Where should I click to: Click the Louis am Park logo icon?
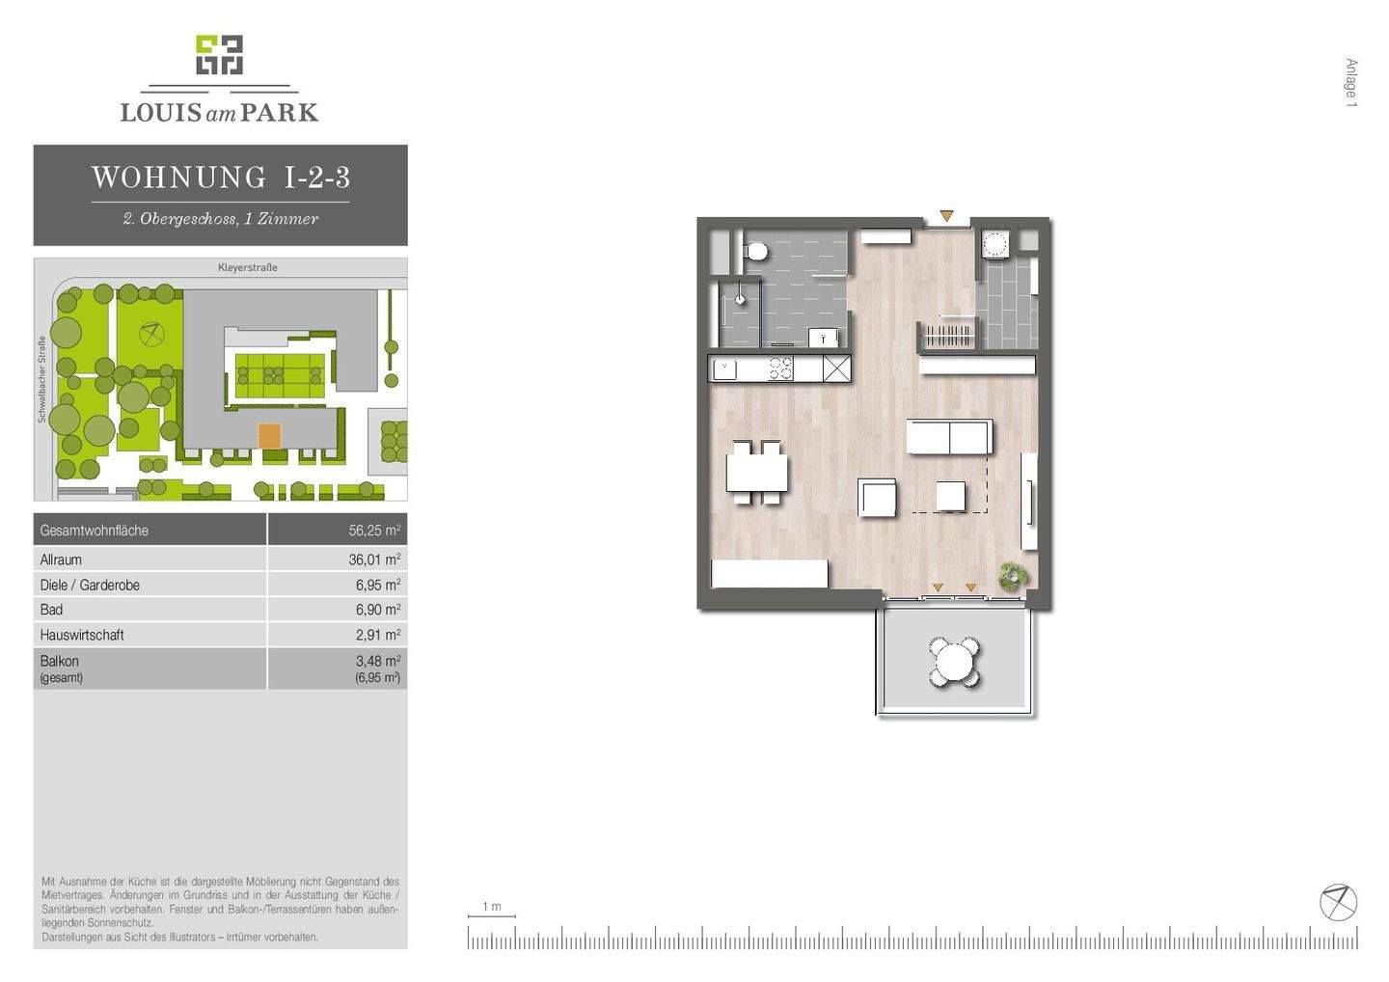[219, 55]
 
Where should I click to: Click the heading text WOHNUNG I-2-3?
[220, 177]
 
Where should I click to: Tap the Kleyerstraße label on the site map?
[247, 267]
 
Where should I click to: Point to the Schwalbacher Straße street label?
[42, 379]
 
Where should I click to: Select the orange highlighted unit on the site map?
[269, 436]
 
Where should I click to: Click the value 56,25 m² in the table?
[374, 531]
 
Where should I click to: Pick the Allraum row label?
[61, 559]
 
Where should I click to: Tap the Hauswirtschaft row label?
[82, 635]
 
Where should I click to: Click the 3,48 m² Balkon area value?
[377, 661]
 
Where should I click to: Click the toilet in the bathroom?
[757, 252]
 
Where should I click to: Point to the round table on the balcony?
[955, 662]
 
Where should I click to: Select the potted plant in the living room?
[1013, 576]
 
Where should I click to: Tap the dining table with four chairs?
[756, 473]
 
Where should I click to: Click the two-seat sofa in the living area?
[949, 437]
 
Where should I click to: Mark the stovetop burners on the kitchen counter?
[779, 368]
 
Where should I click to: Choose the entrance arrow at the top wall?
[947, 216]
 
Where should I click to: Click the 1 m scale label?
[492, 907]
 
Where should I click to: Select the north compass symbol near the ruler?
[1338, 902]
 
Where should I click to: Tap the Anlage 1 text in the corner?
[1351, 83]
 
